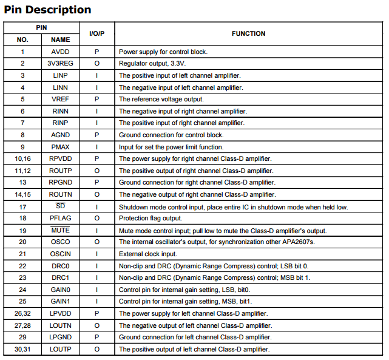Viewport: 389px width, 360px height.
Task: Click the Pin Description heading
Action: [47, 10]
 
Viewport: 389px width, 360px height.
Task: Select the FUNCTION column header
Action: [248, 34]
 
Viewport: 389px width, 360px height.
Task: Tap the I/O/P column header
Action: [97, 34]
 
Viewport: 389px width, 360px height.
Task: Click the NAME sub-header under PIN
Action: [61, 40]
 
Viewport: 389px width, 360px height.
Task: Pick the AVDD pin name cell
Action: [61, 52]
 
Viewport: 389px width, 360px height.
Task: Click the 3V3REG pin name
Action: [61, 64]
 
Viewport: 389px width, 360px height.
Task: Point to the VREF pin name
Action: [61, 100]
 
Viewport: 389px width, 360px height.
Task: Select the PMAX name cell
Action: [61, 147]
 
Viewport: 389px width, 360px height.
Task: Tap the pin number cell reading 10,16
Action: [22, 159]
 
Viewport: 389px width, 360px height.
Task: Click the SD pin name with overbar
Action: [61, 207]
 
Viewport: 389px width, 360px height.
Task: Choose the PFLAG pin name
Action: [61, 219]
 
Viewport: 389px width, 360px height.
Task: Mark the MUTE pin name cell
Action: [61, 231]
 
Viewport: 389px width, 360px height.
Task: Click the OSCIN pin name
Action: [61, 254]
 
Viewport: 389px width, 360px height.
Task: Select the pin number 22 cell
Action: [22, 267]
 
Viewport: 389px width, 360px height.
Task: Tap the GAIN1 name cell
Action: [61, 302]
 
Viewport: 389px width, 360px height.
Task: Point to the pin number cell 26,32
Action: [22, 314]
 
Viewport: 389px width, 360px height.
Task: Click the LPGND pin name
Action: [61, 338]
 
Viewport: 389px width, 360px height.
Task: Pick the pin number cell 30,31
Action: [22, 350]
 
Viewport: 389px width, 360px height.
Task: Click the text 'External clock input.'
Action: [147, 254]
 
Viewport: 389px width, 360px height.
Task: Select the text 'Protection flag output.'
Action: [150, 219]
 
